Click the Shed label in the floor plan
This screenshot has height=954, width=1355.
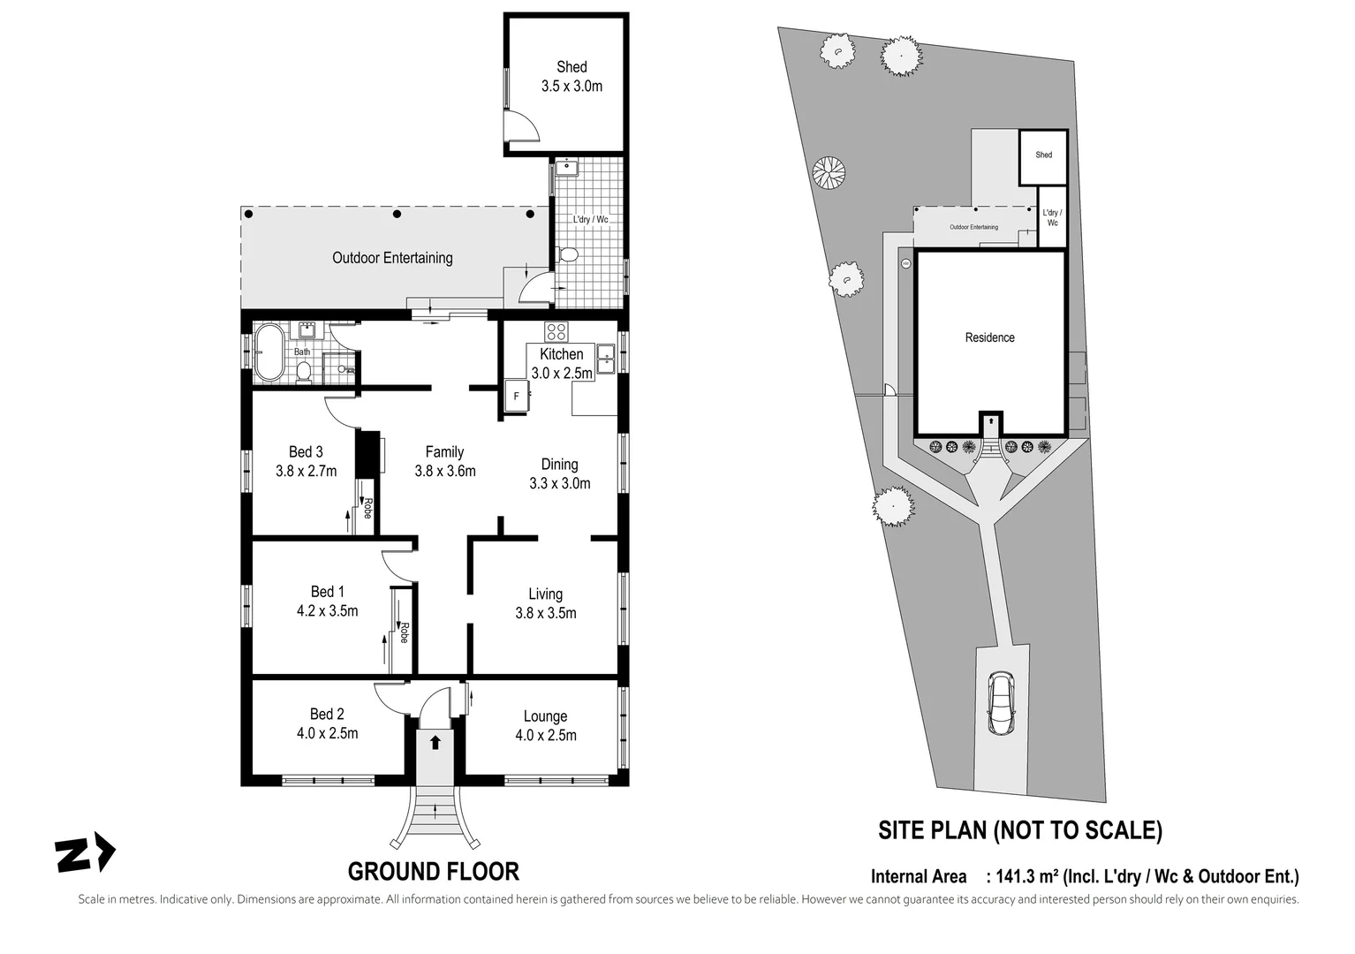point(572,67)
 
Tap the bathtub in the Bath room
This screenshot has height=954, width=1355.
point(268,353)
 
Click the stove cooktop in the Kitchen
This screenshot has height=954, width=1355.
point(556,332)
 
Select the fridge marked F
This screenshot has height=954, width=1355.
point(516,397)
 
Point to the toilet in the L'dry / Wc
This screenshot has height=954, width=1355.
point(569,255)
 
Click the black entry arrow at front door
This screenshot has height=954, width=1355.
point(435,742)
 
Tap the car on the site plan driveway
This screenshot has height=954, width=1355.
point(1001,703)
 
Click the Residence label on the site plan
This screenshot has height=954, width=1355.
point(989,337)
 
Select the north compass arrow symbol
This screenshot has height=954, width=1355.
point(85,853)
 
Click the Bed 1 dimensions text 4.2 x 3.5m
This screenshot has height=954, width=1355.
point(327,611)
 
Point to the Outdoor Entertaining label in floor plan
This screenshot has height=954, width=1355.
point(392,258)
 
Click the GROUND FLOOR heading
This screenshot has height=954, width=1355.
point(433,872)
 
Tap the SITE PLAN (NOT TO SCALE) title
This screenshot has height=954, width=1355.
point(1019,830)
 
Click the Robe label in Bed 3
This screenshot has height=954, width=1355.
point(368,509)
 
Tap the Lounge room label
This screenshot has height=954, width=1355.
point(545,716)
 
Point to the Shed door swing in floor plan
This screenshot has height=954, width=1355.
point(523,126)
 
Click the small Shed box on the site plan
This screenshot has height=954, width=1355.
point(1043,156)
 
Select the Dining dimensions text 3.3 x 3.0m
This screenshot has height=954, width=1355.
point(559,483)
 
